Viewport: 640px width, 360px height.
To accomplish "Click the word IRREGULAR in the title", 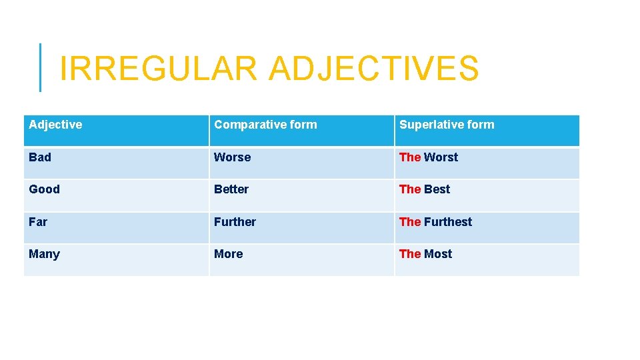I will point(157,69).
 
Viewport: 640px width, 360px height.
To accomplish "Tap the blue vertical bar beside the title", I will point(40,67).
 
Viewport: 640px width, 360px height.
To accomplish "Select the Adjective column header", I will point(56,125).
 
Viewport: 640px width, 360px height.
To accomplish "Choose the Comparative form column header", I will point(265,125).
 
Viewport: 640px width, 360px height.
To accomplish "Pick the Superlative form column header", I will point(447,125).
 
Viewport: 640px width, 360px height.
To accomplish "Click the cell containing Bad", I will point(40,157).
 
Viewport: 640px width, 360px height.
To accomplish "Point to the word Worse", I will point(232,157).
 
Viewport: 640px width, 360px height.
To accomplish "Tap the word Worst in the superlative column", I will point(441,157).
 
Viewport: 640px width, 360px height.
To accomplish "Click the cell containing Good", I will point(44,189).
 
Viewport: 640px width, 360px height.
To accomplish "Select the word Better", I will point(231,189).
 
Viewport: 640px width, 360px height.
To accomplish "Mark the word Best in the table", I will point(437,189).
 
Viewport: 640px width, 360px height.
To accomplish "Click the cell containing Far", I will point(38,222).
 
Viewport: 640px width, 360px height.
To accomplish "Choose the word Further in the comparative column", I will point(235,222).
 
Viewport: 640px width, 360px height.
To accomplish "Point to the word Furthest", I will point(448,222).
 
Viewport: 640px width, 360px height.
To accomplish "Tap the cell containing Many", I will point(44,254).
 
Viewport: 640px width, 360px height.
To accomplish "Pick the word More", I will point(229,254).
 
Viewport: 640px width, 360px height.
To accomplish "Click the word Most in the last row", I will point(438,254).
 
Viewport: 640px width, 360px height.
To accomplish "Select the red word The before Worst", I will point(410,157).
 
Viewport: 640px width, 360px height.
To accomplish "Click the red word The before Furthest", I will point(410,222).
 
